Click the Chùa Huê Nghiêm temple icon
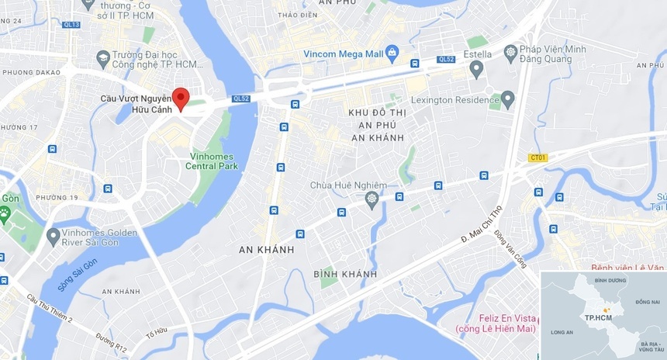point(372,199)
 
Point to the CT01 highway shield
point(537,157)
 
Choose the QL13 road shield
point(71,25)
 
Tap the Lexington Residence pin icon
point(508,100)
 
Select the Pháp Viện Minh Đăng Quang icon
point(510,54)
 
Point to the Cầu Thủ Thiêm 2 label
point(49,308)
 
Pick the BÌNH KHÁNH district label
point(345,274)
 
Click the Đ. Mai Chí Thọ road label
point(482,226)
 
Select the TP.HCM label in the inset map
point(598,318)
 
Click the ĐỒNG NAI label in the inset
point(647,301)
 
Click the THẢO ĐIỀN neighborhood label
point(299,15)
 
